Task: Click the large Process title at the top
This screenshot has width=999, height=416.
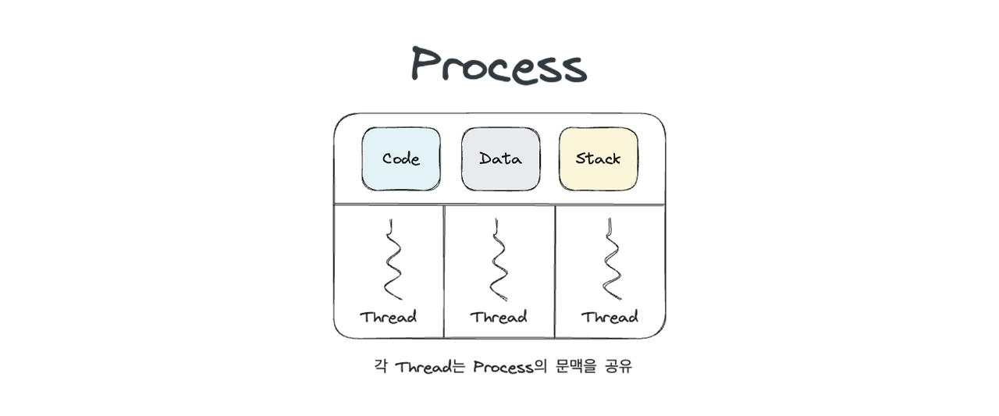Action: pos(498,67)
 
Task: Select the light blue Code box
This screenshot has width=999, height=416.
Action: pos(400,159)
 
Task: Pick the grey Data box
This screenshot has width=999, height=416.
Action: pos(500,159)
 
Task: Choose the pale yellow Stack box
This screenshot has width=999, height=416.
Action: pos(598,159)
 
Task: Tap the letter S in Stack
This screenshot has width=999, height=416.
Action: pos(581,159)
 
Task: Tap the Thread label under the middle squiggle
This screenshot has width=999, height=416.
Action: pos(499,317)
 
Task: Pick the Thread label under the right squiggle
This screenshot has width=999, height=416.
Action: pos(610,317)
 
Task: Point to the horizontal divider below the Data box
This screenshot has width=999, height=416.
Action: pos(500,205)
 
